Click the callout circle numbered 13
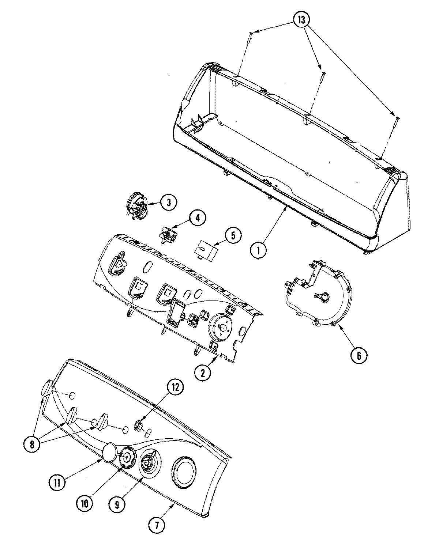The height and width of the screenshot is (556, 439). coord(301,20)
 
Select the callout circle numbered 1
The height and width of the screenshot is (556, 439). coord(259,250)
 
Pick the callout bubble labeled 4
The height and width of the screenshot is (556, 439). coord(197,219)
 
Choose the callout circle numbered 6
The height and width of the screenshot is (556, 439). coord(359,355)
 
